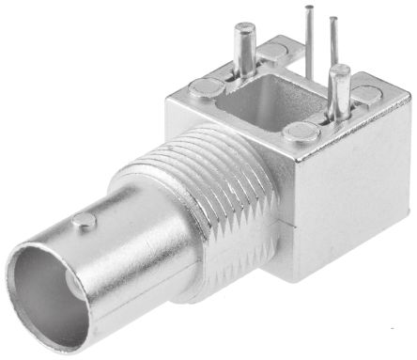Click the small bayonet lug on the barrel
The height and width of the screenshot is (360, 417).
point(85,222)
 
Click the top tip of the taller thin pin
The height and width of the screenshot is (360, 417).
point(308,8)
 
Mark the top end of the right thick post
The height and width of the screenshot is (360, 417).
point(340,70)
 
